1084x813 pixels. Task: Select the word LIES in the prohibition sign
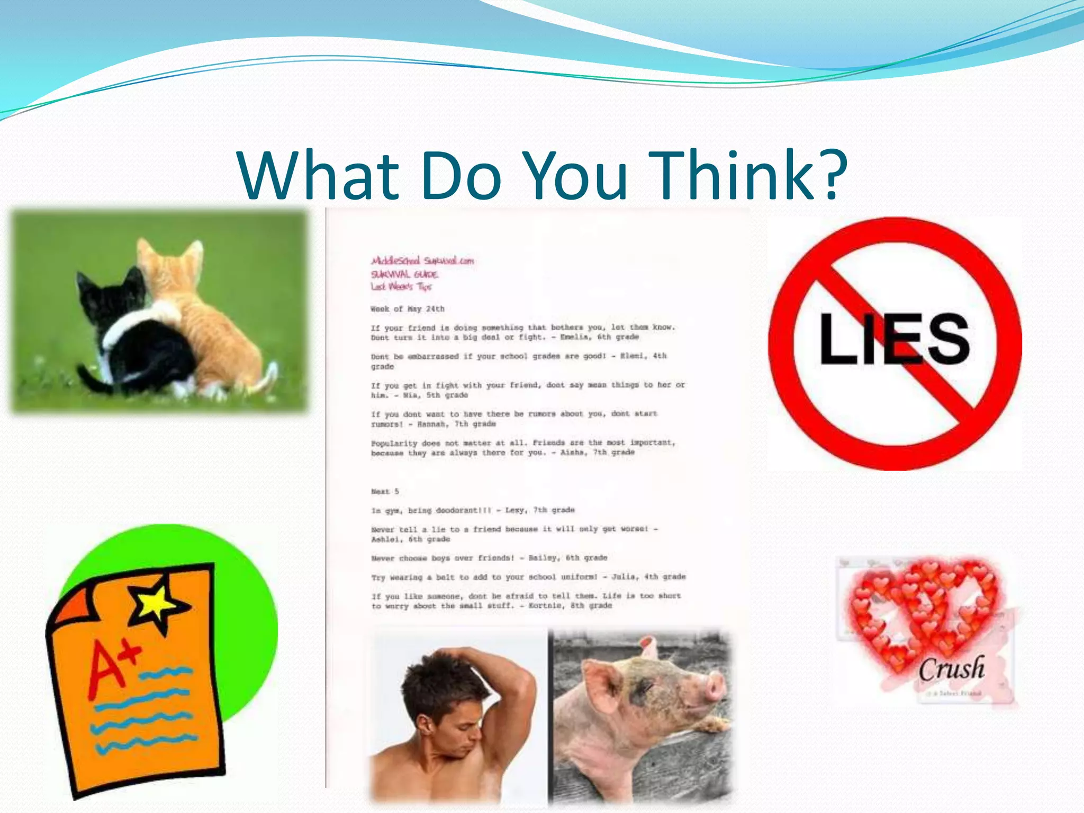[x=895, y=339]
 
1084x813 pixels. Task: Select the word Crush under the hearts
[x=951, y=669]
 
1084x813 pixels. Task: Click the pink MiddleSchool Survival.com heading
[x=422, y=260]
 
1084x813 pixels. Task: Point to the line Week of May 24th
[x=408, y=309]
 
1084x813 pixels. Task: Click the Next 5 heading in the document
[x=385, y=491]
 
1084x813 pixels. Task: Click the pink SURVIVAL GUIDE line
[x=404, y=274]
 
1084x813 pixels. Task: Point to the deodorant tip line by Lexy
[x=473, y=510]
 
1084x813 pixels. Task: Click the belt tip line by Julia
[x=528, y=577]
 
